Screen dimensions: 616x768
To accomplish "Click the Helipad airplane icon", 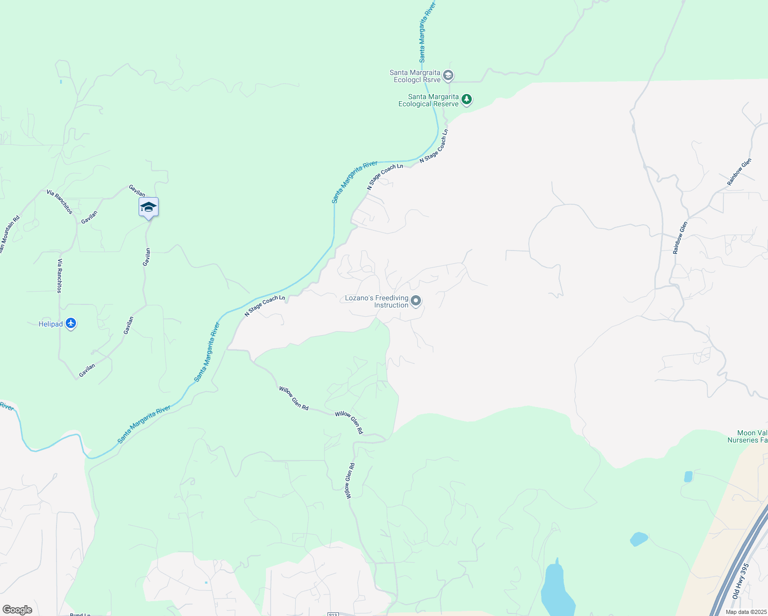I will [71, 324].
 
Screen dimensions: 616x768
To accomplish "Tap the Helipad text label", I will [51, 324].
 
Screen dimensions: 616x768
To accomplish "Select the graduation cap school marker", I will [148, 207].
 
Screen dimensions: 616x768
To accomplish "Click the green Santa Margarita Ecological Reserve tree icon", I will [467, 99].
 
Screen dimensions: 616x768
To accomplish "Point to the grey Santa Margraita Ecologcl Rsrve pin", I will [448, 76].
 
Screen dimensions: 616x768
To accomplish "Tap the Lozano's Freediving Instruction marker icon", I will [416, 301].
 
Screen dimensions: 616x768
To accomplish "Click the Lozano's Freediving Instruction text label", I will [377, 301].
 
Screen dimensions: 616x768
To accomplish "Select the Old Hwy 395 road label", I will [740, 581].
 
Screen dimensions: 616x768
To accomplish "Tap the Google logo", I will [17, 610].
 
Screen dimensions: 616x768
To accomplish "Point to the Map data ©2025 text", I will [745, 612].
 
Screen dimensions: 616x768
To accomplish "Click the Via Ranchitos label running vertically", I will [60, 276].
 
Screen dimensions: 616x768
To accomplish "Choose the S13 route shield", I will [333, 614].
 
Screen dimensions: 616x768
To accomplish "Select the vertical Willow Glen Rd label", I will [350, 481].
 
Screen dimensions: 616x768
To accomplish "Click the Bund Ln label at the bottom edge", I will [80, 614].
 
